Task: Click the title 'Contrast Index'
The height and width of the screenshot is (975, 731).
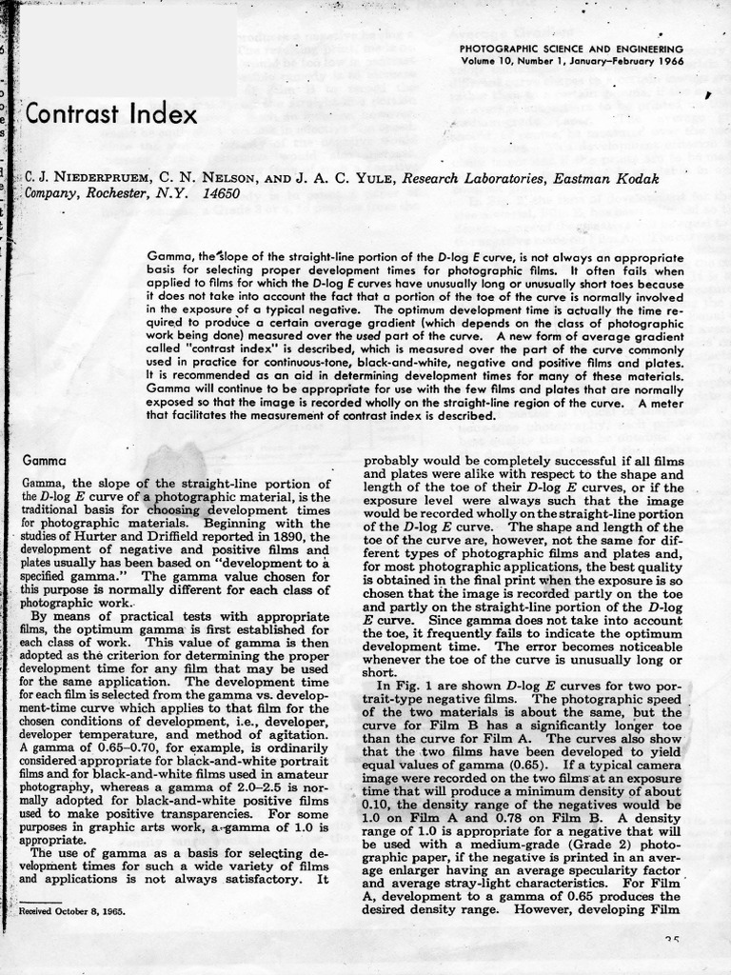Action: (110, 115)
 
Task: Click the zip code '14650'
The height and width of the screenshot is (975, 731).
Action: (222, 193)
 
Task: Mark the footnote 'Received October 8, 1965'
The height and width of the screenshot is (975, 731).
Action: (73, 911)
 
